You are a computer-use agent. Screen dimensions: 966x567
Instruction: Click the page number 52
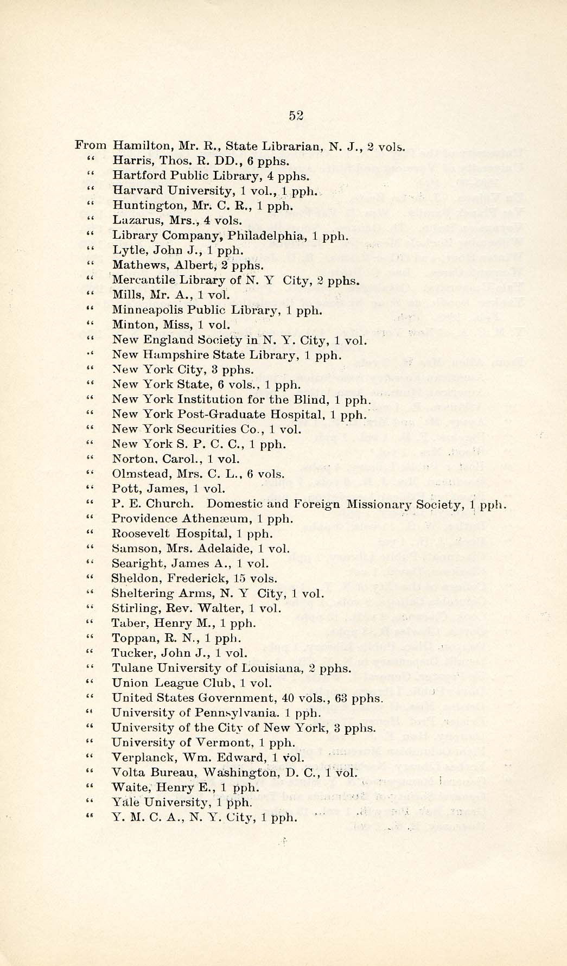pos(296,115)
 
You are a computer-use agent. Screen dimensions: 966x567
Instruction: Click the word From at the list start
pos(91,145)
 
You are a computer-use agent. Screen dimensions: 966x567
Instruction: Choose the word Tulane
pos(130,668)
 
